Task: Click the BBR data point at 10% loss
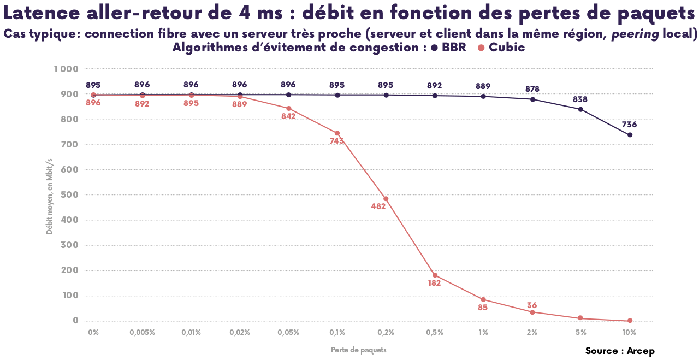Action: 630,135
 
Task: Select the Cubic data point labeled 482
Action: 386,199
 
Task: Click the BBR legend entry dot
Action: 435,48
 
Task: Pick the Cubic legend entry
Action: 501,48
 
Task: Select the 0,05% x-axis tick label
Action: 288,332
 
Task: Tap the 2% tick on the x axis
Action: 532,332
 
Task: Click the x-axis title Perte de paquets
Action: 358,350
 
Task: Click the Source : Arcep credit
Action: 620,351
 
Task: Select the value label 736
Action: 629,125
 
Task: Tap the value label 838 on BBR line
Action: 580,99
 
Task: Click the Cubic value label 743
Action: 337,141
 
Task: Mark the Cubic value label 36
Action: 532,305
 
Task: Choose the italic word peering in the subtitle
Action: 635,34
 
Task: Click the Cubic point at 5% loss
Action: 580,318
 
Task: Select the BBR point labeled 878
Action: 532,99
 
